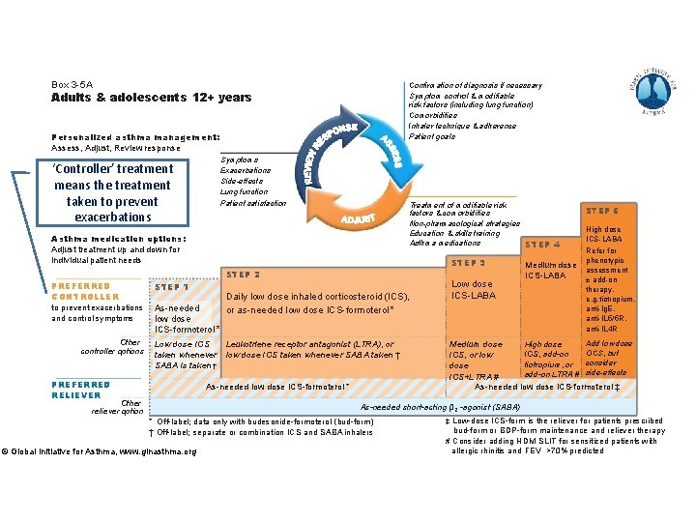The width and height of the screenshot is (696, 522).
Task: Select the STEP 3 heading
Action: pos(469,262)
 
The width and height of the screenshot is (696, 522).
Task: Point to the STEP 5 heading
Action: pos(603,210)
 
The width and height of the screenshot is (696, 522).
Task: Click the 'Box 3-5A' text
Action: pos(72,85)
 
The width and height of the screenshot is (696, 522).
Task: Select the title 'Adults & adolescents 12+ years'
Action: pos(151,98)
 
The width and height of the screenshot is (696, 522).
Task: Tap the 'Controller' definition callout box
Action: pos(113,191)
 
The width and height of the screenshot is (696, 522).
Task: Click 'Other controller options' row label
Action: pos(117,346)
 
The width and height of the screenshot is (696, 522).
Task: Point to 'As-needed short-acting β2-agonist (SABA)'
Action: pos(440,407)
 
